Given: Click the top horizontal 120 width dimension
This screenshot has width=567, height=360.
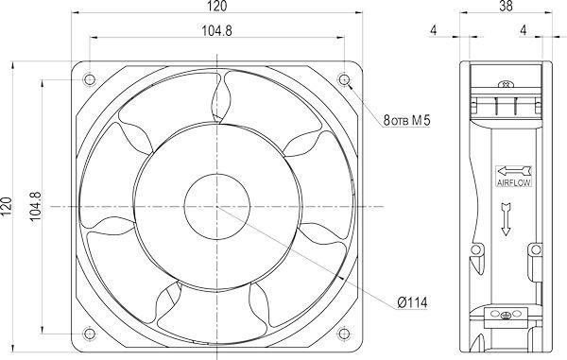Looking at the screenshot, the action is coord(217,7).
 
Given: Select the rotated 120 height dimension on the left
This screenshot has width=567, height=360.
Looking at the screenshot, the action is coord(7,207).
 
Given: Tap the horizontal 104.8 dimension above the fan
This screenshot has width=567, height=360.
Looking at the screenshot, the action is coord(217,31).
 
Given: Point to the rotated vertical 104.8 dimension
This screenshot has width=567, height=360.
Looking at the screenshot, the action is coord(35,206).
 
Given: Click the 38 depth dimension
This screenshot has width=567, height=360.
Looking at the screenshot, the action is coord(506,7).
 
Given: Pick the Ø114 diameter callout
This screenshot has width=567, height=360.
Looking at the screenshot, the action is coord(412,302).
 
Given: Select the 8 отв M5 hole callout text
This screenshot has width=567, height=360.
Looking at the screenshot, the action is coord(406,120).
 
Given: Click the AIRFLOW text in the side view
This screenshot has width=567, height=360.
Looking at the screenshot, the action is coord(514,182).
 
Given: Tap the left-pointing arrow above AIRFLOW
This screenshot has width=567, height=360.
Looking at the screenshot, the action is coord(514,171).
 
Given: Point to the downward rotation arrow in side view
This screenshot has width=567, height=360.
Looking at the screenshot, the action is coord(506,219).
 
